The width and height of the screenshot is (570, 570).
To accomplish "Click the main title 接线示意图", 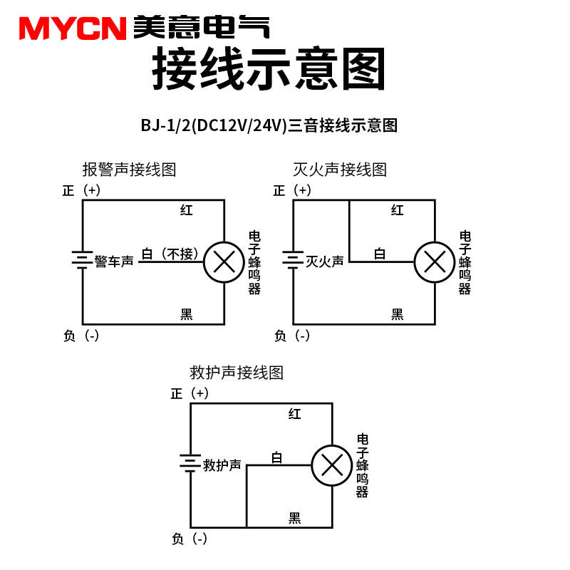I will (269, 69).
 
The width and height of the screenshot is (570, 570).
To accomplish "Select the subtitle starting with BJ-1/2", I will (269, 126).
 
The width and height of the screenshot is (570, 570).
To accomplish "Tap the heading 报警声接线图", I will (129, 170).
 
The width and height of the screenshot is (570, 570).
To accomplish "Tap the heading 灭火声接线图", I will (340, 170).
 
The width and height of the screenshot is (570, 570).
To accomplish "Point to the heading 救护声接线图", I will (237, 372).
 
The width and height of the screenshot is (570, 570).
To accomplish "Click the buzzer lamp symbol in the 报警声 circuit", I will (224, 262).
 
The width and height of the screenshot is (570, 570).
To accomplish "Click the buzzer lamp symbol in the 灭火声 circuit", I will (435, 262).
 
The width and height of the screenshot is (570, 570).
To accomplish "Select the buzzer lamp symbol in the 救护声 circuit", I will (332, 465).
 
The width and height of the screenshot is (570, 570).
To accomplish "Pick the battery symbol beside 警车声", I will (83, 261).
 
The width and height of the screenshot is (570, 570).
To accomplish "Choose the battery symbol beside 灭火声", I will (293, 261).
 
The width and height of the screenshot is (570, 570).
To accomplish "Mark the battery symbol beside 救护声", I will (190, 465).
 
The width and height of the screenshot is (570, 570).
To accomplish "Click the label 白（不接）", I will (170, 254).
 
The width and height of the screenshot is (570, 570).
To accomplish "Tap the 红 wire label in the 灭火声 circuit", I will (398, 210).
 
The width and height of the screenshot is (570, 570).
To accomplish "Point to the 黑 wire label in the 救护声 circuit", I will (294, 518).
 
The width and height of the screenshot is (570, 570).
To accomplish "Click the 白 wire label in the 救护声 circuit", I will (277, 457).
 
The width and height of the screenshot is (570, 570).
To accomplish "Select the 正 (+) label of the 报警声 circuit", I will (81, 190).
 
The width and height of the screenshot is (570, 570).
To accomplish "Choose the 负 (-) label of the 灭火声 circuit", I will (291, 336).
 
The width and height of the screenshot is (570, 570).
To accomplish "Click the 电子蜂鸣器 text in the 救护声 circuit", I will (363, 465).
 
